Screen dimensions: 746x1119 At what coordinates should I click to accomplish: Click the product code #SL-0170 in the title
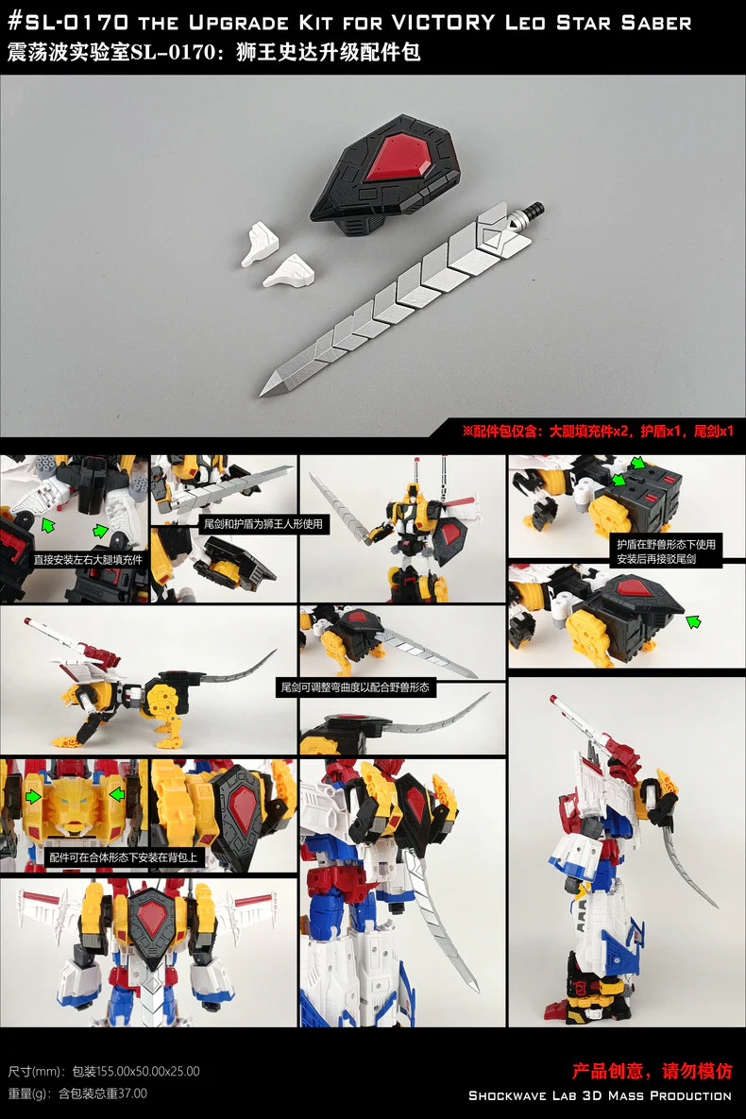69,22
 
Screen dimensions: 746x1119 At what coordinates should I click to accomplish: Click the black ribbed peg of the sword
530,212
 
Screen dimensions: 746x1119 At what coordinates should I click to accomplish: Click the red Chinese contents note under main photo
598,431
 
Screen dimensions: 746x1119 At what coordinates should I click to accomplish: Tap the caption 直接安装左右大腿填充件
87,559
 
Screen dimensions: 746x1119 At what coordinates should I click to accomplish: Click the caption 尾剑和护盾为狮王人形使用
263,524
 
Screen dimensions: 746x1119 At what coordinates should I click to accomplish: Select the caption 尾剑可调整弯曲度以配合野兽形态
355,687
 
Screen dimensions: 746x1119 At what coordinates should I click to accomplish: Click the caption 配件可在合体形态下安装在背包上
123,857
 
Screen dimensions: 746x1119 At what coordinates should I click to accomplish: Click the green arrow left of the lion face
33,796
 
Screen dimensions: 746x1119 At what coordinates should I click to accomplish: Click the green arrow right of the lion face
116,793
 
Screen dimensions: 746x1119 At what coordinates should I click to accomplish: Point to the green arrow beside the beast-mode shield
692,621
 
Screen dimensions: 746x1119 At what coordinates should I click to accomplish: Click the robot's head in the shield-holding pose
413,492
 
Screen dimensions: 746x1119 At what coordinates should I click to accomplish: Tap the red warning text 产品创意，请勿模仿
652,1071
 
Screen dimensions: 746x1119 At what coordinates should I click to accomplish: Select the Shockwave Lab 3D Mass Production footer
600,1095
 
